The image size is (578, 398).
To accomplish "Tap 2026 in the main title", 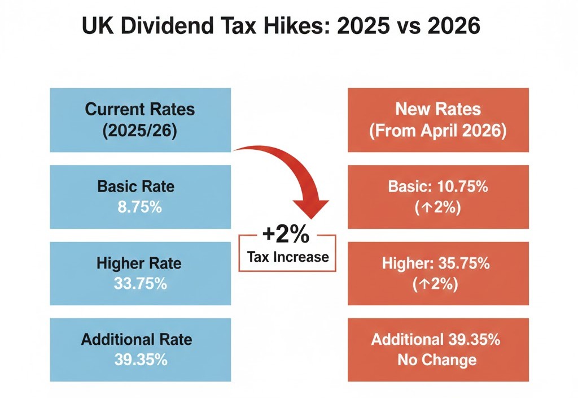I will coord(455,27).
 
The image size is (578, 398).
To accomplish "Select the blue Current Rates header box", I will coord(140,120).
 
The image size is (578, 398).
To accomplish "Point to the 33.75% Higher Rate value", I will coord(140,284).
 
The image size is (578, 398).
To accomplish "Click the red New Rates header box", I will coord(438,120).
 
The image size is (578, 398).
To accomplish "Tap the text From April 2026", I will coord(438,131).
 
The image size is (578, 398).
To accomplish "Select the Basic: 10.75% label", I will coord(438,187).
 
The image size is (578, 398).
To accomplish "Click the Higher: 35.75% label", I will coord(438,263).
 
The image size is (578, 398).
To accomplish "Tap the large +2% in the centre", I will coord(288,233).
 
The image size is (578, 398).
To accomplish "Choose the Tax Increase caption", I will coord(288,257).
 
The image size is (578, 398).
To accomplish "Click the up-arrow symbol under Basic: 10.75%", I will coord(424,208).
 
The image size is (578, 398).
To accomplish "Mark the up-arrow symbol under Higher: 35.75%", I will coord(424,284).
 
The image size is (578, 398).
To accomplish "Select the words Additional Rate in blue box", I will coord(137,339).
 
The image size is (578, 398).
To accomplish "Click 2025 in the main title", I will coord(367,27).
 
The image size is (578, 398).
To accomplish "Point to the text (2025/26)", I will coord(140,131).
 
